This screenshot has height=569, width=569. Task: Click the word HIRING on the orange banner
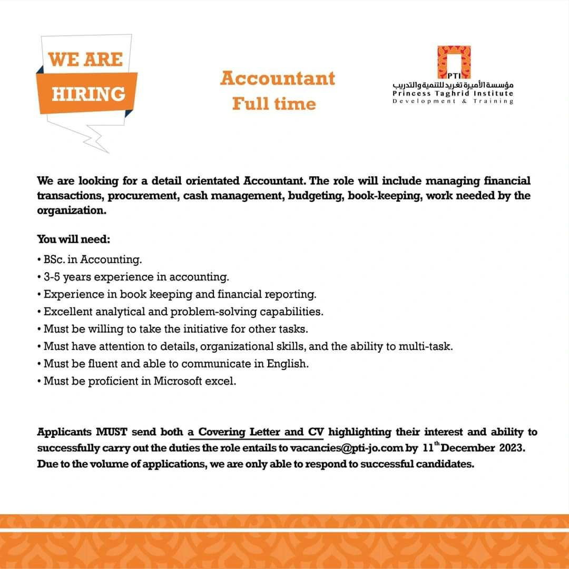(x=89, y=94)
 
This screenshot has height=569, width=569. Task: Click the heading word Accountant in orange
(x=278, y=78)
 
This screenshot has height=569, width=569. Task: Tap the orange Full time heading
(x=274, y=104)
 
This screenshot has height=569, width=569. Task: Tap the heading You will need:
(x=73, y=239)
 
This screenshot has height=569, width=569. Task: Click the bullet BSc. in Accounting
(x=93, y=259)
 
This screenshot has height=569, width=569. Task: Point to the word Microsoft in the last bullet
(x=179, y=381)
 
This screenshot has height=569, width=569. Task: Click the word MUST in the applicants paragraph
(x=112, y=432)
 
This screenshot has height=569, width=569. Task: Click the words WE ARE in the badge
(x=85, y=59)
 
